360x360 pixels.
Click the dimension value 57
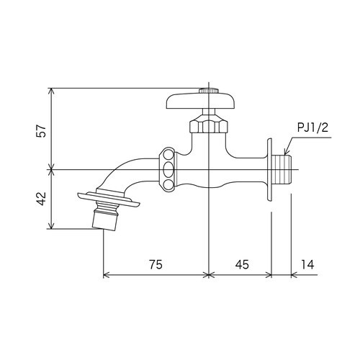tap(41, 131)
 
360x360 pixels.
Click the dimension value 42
tap(41, 199)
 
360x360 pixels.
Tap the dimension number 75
tap(156, 264)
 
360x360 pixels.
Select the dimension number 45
tap(242, 264)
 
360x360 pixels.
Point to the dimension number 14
tap(307, 264)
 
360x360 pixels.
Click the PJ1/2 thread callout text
tap(312, 128)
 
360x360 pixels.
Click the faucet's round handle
tap(200, 102)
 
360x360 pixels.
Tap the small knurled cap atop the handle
tap(209, 91)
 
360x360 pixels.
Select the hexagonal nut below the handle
tap(208, 124)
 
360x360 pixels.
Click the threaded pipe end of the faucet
tap(282, 170)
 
